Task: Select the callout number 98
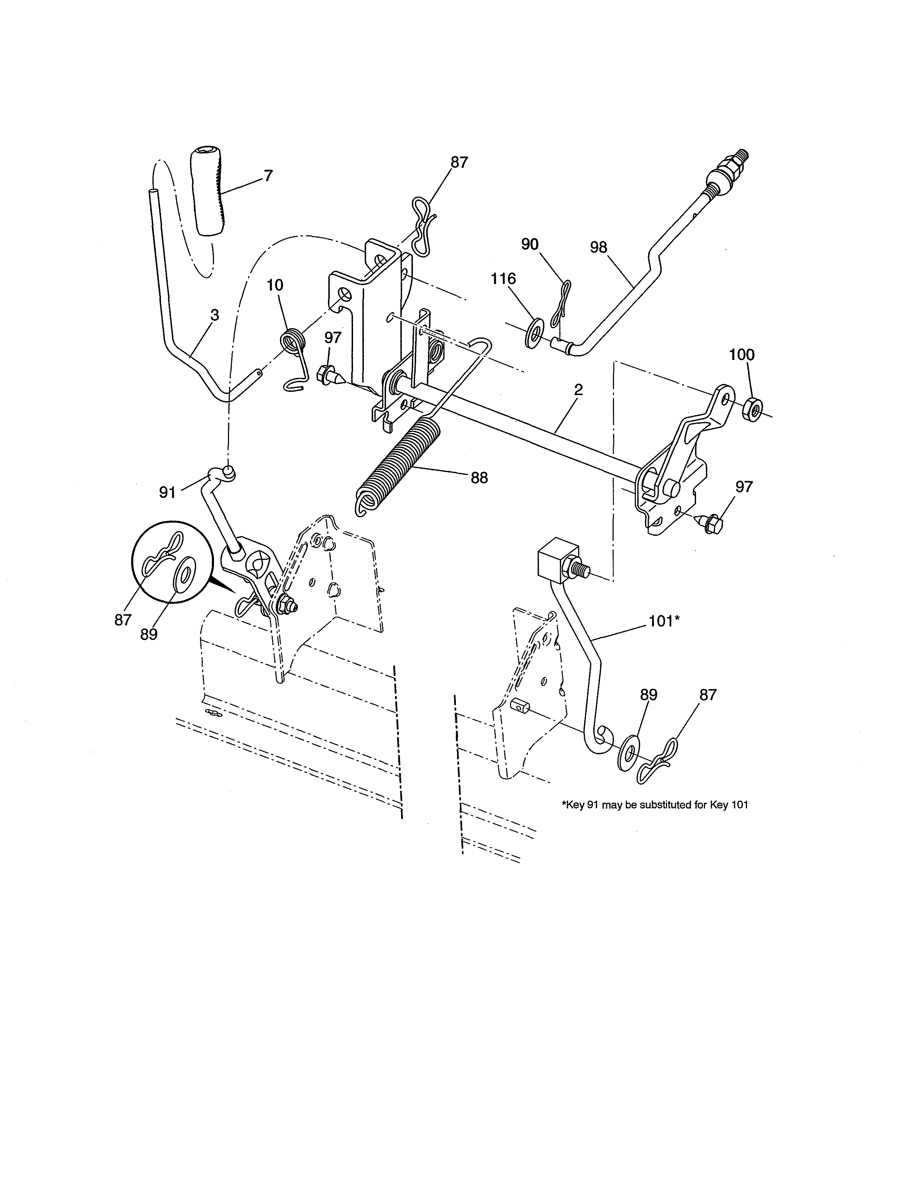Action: click(x=598, y=248)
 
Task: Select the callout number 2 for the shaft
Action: click(x=578, y=390)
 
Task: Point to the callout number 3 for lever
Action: click(x=214, y=315)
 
